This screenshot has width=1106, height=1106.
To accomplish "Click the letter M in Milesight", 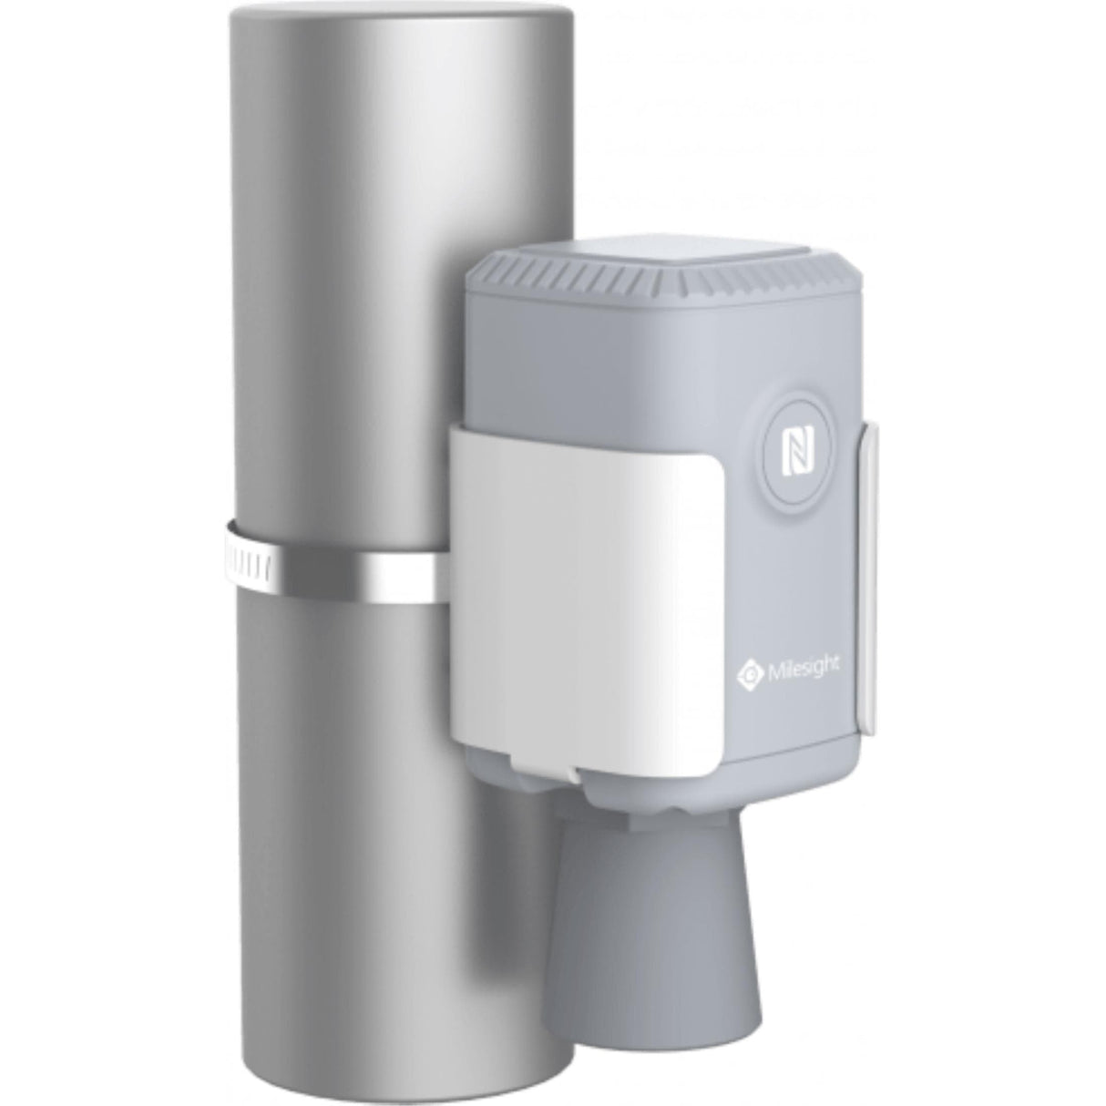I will tap(772, 671).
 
